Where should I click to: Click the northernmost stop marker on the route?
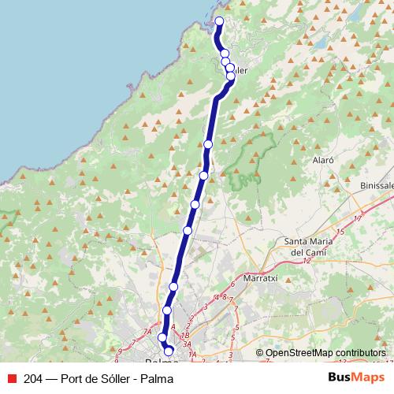point(219,21)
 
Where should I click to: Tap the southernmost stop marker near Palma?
point(168,349)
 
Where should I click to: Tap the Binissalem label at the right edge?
point(377,184)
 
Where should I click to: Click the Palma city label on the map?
point(154,357)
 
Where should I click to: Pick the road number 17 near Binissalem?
point(359,218)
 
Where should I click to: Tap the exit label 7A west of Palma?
point(147,333)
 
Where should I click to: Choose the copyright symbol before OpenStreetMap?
point(260,353)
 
